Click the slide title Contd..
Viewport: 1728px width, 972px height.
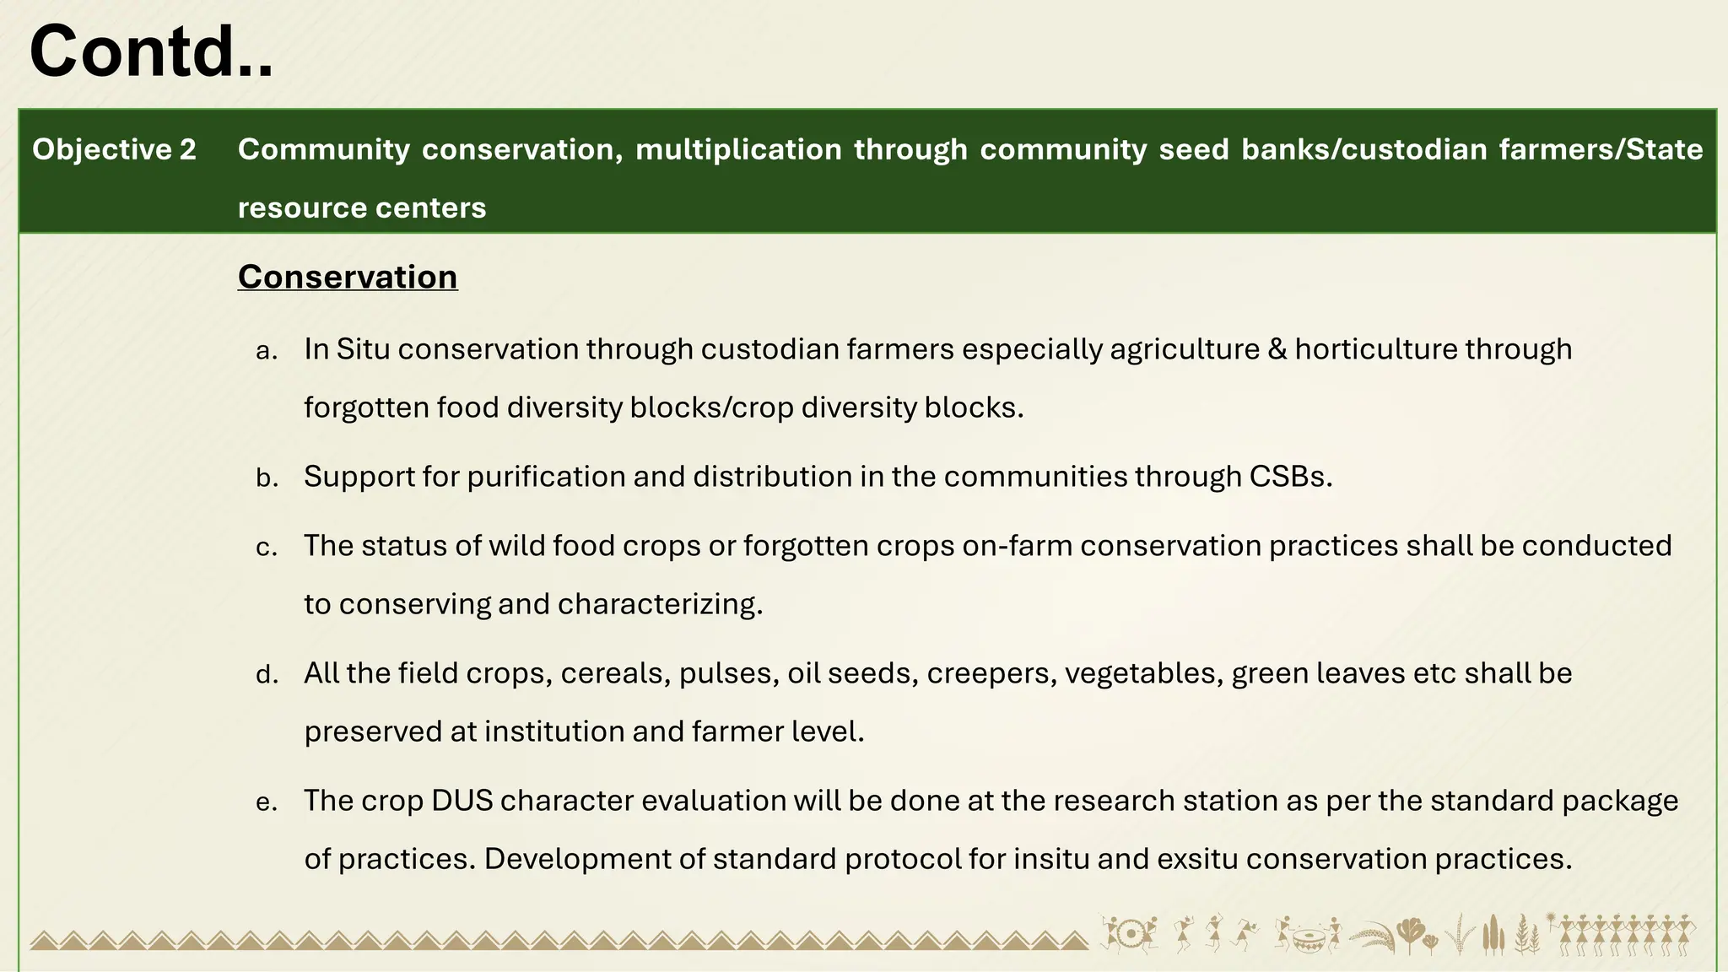click(x=151, y=52)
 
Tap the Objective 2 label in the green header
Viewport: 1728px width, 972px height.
click(x=114, y=149)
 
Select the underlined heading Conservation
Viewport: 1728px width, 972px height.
click(x=348, y=277)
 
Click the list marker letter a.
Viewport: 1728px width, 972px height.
click(x=267, y=351)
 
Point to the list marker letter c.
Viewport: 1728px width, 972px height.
click(x=267, y=548)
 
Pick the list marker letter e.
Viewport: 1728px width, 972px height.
click(x=267, y=802)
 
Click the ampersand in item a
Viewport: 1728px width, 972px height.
click(x=1277, y=349)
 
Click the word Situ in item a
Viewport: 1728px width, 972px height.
click(x=363, y=349)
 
